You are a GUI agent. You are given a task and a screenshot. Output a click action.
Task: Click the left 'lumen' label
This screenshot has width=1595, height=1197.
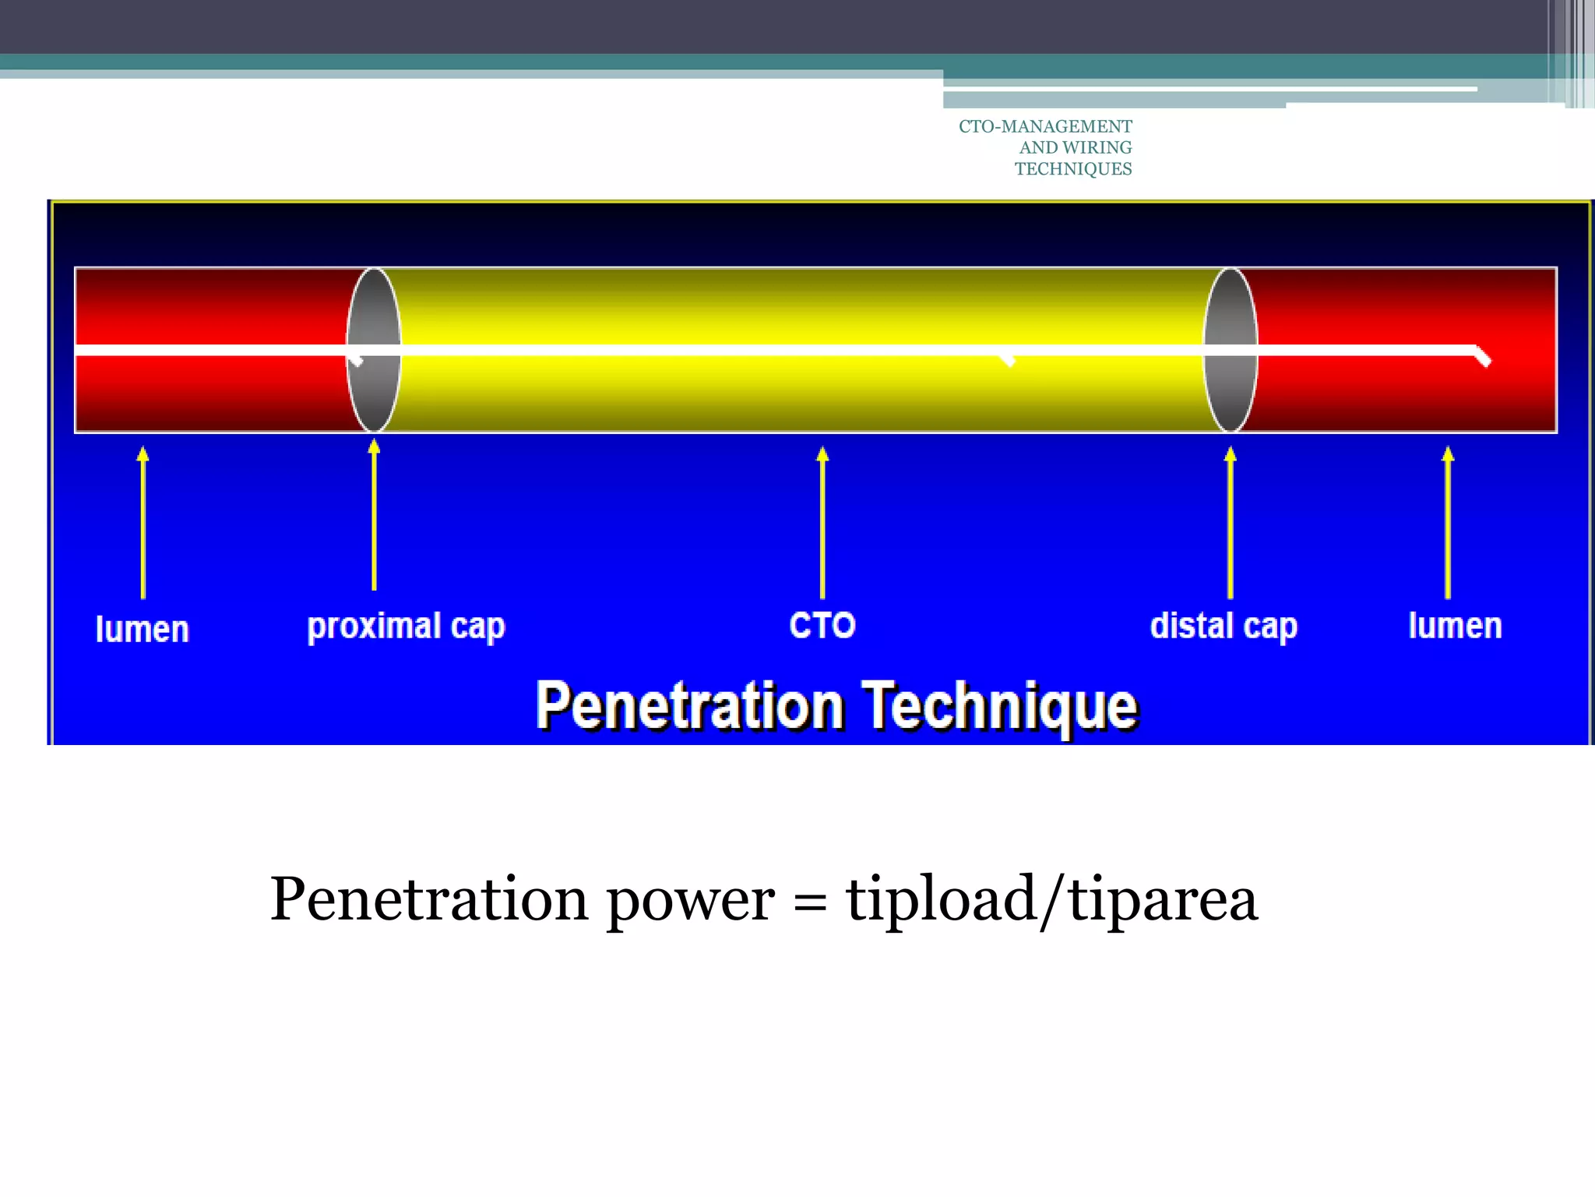point(142,629)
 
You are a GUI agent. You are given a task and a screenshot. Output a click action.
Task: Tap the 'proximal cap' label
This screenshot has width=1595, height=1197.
point(406,627)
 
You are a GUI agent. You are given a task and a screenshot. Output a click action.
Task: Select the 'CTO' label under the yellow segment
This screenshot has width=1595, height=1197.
point(822,625)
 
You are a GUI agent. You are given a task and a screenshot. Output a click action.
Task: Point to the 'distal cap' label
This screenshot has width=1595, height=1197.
point(1224,627)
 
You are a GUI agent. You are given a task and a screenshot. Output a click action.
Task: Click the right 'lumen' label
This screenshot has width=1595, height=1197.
point(1455,626)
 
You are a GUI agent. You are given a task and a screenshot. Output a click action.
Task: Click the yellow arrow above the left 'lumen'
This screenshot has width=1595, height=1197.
point(143,522)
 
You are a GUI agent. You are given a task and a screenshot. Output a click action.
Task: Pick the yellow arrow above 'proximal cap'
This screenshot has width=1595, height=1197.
point(374,515)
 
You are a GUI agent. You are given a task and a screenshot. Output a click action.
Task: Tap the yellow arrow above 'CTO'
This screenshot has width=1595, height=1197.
point(822,522)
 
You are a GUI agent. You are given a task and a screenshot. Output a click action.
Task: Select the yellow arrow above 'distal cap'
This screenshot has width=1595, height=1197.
point(1230,522)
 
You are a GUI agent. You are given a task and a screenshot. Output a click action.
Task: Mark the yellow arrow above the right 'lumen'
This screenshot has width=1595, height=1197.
point(1448,522)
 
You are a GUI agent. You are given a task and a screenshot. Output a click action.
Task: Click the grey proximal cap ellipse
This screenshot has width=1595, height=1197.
point(374,312)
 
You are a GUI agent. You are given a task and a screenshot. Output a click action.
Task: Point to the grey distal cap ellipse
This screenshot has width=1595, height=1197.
point(1231,312)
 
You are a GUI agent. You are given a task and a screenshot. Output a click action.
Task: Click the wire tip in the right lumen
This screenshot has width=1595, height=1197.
point(1483,358)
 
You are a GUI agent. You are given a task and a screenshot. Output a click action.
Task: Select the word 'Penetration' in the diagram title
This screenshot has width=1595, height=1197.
point(690,706)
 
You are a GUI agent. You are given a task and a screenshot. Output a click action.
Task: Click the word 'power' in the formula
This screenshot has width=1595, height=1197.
point(690,900)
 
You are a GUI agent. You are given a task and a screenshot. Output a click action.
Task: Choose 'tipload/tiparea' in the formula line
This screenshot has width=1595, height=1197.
point(1051,900)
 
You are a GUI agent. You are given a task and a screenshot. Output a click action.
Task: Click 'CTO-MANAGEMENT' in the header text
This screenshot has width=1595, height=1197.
point(1045,126)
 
